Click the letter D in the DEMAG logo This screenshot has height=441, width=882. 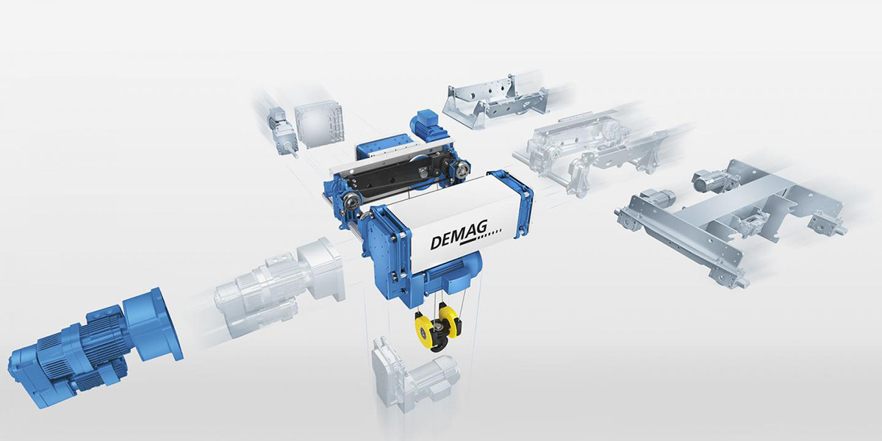click(x=437, y=242)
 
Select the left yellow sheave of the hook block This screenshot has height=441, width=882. click(x=423, y=328)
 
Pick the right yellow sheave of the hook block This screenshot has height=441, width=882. click(x=450, y=322)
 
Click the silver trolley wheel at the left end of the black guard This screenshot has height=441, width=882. click(x=351, y=201)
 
